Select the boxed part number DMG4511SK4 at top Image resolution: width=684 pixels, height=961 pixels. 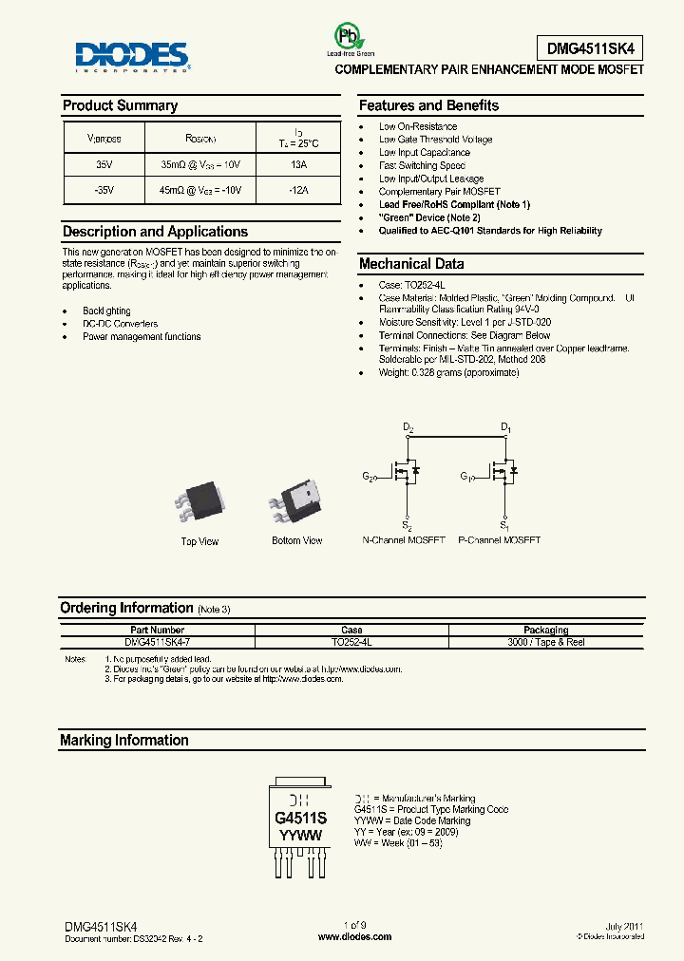pyautogui.click(x=589, y=46)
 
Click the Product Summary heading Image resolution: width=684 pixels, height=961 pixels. pyautogui.click(x=120, y=106)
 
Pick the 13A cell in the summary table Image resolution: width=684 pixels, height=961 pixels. pyautogui.click(x=298, y=164)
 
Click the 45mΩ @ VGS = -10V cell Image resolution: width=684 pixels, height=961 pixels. pyautogui.click(x=201, y=190)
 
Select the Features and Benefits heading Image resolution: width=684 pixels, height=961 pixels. pyautogui.click(x=428, y=106)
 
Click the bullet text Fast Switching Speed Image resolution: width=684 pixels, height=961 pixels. pyautogui.click(x=422, y=165)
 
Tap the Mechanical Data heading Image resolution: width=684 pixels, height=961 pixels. pyautogui.click(x=411, y=264)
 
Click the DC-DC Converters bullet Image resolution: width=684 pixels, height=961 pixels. pyautogui.click(x=121, y=324)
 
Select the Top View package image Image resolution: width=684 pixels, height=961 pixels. pyautogui.click(x=199, y=502)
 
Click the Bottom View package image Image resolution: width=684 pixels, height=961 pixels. pyautogui.click(x=296, y=502)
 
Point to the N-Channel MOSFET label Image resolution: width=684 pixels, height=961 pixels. pyautogui.click(x=404, y=540)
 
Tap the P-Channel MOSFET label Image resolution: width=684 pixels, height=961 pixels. pyautogui.click(x=499, y=540)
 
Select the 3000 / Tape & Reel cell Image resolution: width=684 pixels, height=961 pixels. pyautogui.click(x=545, y=643)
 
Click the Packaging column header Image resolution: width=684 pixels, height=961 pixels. pyautogui.click(x=545, y=630)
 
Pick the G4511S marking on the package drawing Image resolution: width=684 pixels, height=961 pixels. pyautogui.click(x=300, y=819)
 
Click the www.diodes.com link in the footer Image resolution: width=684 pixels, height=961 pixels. pyautogui.click(x=354, y=936)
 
